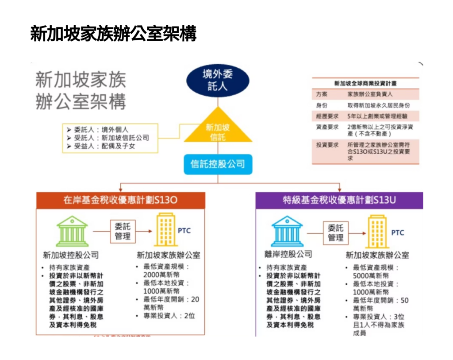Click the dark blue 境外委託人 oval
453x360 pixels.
[218, 80]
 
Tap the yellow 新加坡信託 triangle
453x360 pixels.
[218, 129]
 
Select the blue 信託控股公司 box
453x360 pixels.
[218, 164]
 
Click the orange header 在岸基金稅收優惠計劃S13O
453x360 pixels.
[120, 200]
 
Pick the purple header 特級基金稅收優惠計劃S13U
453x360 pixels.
[339, 200]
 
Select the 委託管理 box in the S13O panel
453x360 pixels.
[123, 231]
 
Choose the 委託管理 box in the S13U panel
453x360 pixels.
[336, 232]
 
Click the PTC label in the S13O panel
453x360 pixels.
[184, 231]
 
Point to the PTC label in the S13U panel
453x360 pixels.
[398, 232]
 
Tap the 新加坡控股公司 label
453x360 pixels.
[71, 255]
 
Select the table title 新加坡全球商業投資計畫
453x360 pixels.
[365, 83]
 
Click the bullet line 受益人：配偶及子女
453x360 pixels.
[104, 146]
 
